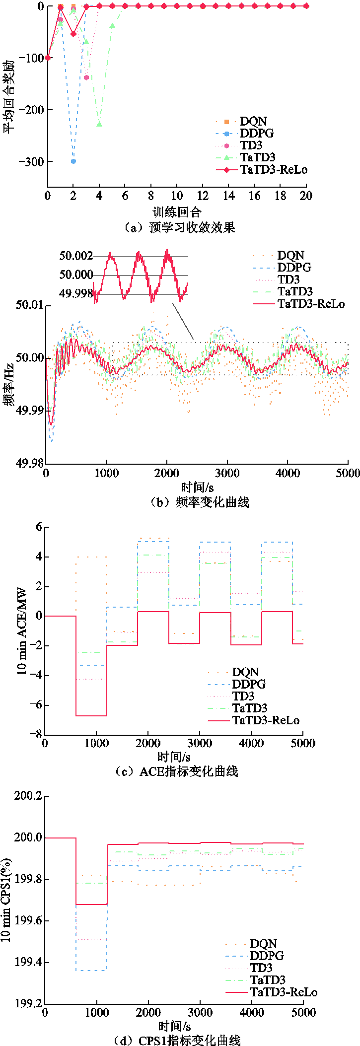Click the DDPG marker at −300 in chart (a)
click(x=73, y=161)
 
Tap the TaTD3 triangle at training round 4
click(x=99, y=124)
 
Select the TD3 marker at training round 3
click(x=86, y=77)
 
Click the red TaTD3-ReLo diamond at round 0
click(x=48, y=58)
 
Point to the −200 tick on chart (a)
click(x=31, y=110)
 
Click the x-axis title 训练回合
click(x=177, y=212)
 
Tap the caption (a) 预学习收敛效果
click(x=179, y=228)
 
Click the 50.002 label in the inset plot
click(x=76, y=256)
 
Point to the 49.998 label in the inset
click(x=76, y=294)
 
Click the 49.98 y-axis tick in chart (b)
click(x=30, y=463)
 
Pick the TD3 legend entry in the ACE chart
click(x=243, y=697)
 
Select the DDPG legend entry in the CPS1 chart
click(x=267, y=956)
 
